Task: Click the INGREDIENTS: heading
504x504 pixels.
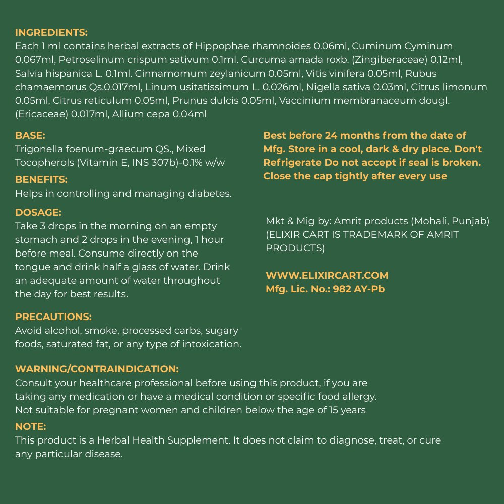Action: (x=51, y=33)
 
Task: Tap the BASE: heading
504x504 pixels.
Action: (x=30, y=136)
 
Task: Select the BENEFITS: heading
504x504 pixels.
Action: (x=41, y=180)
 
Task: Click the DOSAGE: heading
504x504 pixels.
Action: (x=38, y=213)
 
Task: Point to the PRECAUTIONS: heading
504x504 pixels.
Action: (x=53, y=317)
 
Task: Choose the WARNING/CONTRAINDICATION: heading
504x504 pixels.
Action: (x=97, y=369)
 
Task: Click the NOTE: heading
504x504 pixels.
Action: (x=31, y=427)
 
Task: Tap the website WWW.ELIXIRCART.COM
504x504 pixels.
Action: (x=327, y=276)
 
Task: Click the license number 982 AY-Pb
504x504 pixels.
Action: (x=359, y=289)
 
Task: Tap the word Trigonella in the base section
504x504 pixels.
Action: (x=38, y=149)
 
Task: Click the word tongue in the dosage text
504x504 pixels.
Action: (x=32, y=267)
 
